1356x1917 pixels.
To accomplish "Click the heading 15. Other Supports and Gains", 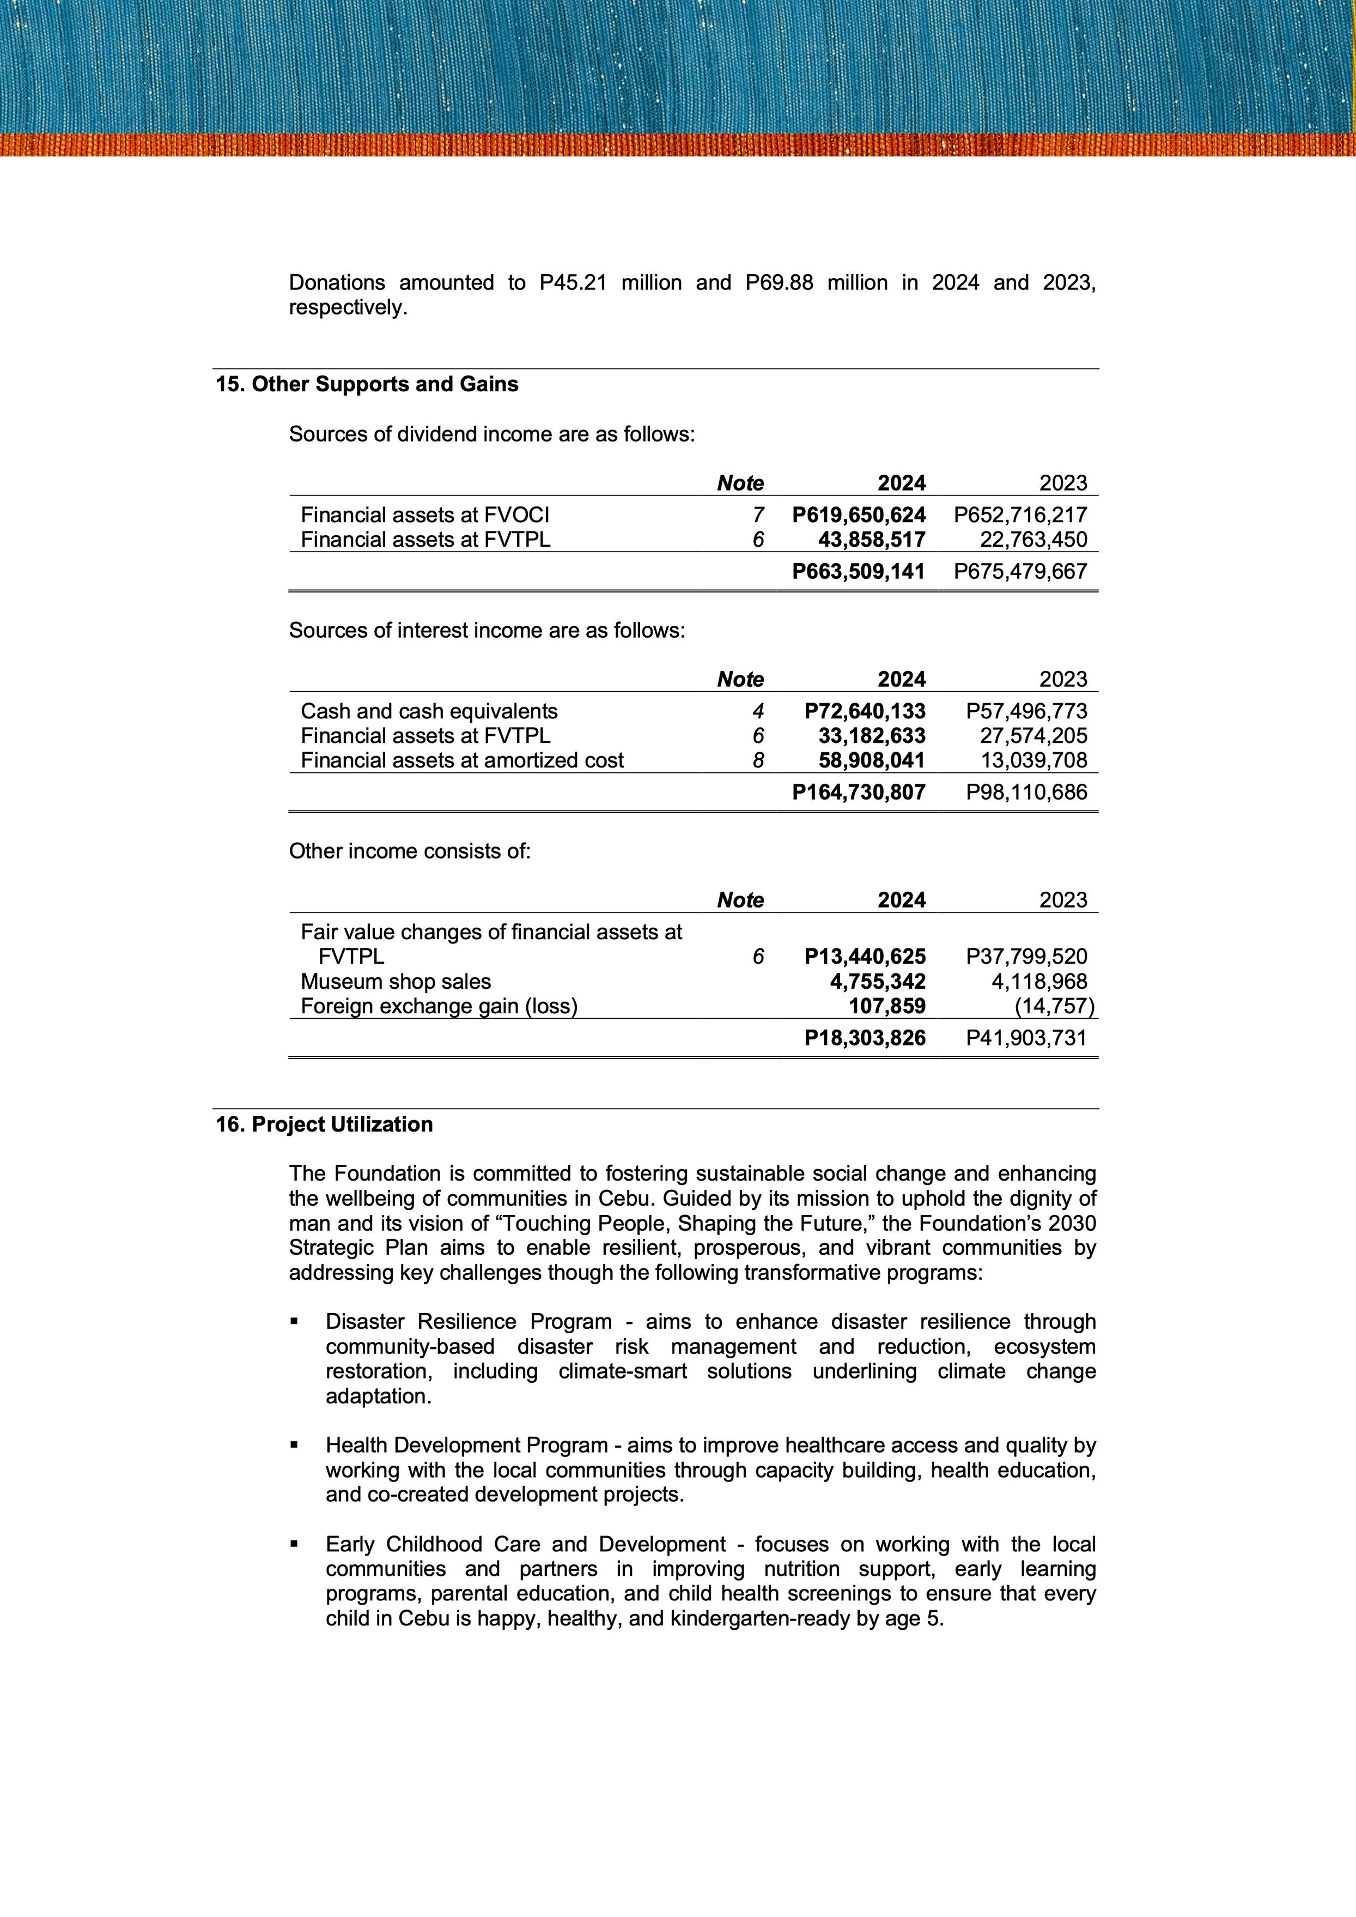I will pyautogui.click(x=367, y=384).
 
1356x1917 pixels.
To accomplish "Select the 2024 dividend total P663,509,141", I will pyautogui.click(x=859, y=571).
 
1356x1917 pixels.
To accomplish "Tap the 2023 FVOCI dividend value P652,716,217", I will pyautogui.click(x=1020, y=516).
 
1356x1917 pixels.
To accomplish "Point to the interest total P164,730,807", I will pyautogui.click(x=859, y=792).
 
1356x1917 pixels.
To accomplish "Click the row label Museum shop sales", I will pyautogui.click(x=396, y=982).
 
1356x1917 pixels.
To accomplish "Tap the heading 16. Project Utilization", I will pyautogui.click(x=324, y=1124).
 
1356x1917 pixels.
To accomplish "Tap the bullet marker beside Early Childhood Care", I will pyautogui.click(x=294, y=1545).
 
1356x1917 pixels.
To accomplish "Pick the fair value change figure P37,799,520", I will pyautogui.click(x=1026, y=957).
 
